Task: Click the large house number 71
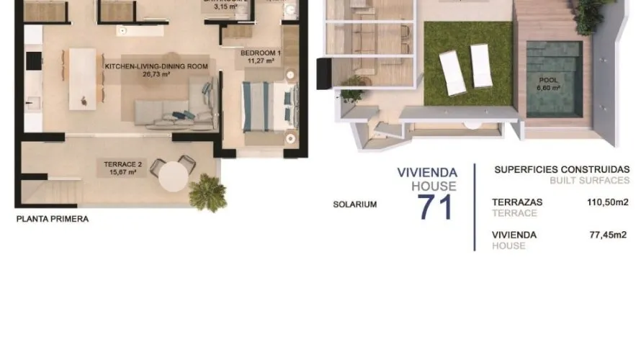click(x=436, y=207)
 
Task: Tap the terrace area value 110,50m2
click(x=607, y=202)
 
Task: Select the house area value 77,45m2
click(x=609, y=234)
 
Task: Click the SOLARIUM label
click(x=354, y=204)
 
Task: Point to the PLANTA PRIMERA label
click(x=53, y=219)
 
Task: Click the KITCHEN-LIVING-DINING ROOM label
click(x=156, y=66)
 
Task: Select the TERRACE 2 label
click(x=123, y=164)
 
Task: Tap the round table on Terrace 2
click(x=174, y=175)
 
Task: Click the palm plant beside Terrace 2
click(x=207, y=191)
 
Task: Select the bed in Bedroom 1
click(x=267, y=107)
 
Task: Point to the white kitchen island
click(x=82, y=78)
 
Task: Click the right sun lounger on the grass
click(x=480, y=65)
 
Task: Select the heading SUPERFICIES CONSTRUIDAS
click(x=562, y=170)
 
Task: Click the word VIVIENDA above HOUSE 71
click(x=427, y=172)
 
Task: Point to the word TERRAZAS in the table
click(x=516, y=202)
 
